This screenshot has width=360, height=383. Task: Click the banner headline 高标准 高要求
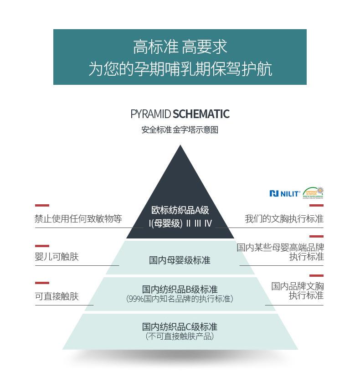click(x=180, y=47)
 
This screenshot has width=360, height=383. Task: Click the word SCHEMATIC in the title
click(x=201, y=114)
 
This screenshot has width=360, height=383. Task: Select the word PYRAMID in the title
click(x=150, y=114)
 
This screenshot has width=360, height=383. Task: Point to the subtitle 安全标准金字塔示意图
click(x=180, y=130)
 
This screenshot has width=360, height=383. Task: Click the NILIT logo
click(x=284, y=193)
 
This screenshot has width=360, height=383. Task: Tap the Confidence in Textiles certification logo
click(x=314, y=193)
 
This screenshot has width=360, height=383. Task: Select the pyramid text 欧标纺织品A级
click(x=180, y=210)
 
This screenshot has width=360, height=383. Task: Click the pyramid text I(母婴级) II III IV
click(x=180, y=223)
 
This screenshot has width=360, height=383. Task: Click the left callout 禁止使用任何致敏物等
click(x=78, y=219)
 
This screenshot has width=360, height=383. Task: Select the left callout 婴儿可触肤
click(x=57, y=257)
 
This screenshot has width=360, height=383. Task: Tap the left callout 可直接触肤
click(x=57, y=296)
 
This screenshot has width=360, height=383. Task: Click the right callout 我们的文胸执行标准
click(x=284, y=219)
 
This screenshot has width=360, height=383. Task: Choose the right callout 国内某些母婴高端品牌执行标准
click(x=280, y=252)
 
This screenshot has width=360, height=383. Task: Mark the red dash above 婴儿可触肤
click(x=42, y=246)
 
